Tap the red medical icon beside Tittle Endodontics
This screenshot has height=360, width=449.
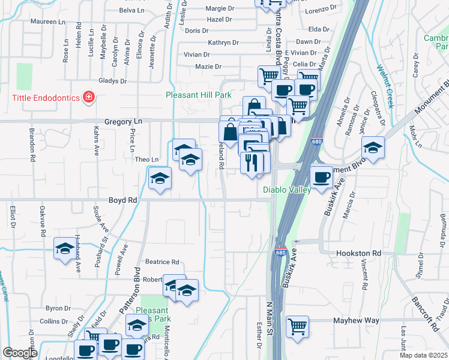[x=89, y=97]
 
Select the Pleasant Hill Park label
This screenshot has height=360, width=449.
[x=199, y=95]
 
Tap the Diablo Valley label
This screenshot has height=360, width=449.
[x=287, y=190]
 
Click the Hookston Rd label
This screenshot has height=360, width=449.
[x=358, y=254]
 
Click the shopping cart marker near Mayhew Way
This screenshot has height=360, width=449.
[x=297, y=328]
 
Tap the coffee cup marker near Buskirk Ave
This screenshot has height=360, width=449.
[x=322, y=178]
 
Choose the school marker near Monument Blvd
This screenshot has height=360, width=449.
[x=373, y=149]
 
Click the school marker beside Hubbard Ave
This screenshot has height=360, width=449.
[x=65, y=250]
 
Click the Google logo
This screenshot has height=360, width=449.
[x=20, y=353]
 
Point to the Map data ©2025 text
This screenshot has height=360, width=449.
[x=423, y=355]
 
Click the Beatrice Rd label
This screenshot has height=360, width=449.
[x=162, y=262]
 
